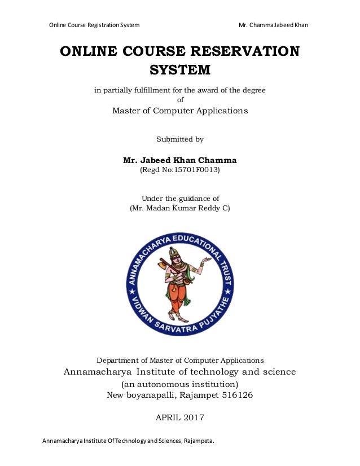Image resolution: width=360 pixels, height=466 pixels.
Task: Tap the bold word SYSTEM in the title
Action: (x=179, y=71)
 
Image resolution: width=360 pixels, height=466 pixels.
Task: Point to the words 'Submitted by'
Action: (x=179, y=139)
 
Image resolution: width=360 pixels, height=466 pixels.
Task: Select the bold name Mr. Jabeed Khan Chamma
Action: (x=179, y=160)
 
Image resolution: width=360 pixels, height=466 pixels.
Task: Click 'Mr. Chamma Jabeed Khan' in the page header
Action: (x=273, y=25)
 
